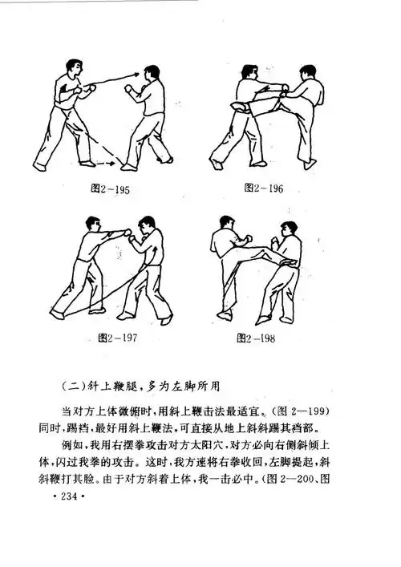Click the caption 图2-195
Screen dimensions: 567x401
(111, 191)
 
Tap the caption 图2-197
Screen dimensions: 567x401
(119, 337)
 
